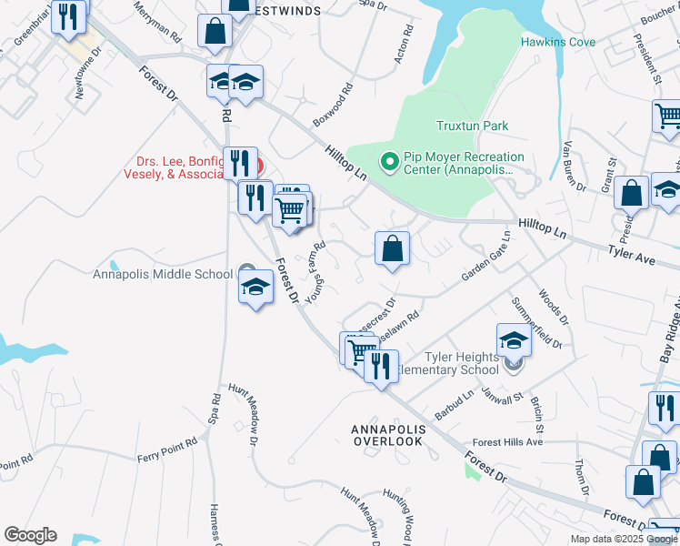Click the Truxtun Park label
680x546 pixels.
coord(472,126)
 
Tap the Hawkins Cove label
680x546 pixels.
coord(558,42)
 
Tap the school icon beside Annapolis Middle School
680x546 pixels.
coord(256,288)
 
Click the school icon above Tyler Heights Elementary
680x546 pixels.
coord(514,341)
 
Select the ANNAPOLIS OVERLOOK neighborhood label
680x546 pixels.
coord(387,434)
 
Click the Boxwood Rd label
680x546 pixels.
coord(332,107)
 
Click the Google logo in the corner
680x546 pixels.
coord(30,535)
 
